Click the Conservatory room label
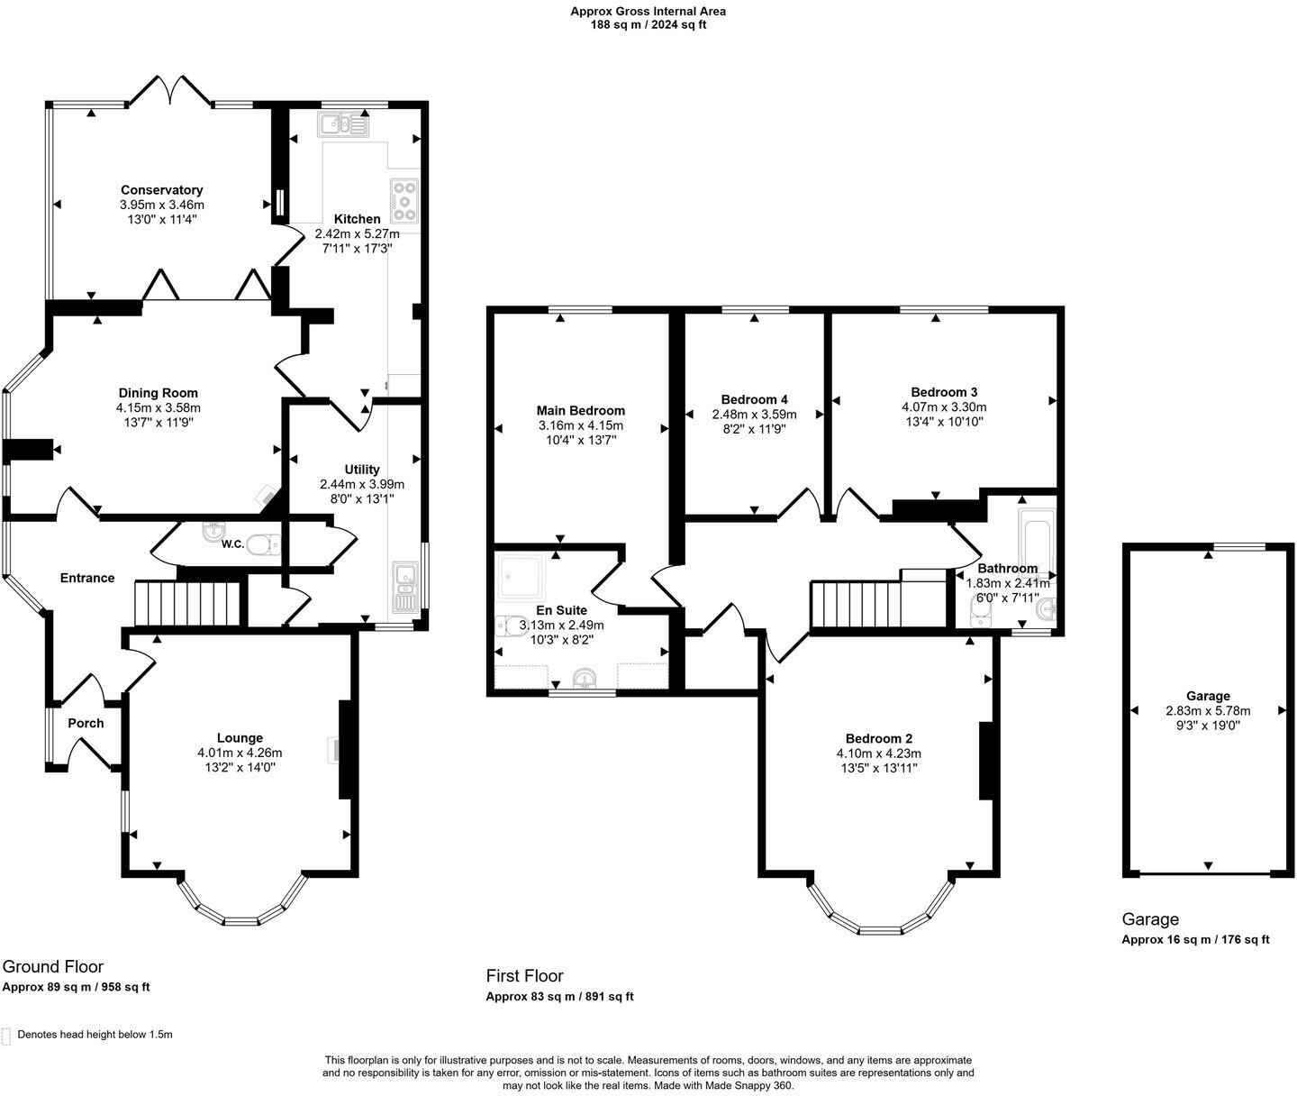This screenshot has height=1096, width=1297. (x=162, y=190)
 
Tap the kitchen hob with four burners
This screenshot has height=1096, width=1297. (x=404, y=201)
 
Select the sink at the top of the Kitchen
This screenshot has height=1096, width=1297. (x=342, y=124)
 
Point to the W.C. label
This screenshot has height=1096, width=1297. (x=232, y=543)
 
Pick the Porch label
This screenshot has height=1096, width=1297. (x=86, y=723)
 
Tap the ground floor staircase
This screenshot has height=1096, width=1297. (x=187, y=603)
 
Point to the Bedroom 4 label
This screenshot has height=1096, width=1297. (x=754, y=399)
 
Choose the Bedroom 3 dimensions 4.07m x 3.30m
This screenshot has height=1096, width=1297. (x=944, y=406)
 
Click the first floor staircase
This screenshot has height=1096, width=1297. (x=856, y=605)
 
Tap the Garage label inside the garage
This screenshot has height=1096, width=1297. (x=1208, y=696)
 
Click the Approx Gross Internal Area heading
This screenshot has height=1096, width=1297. (x=648, y=12)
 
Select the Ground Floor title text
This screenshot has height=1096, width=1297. (x=53, y=966)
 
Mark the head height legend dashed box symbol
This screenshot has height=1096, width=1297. (x=7, y=1035)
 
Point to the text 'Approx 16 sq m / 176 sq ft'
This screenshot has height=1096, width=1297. (x=1195, y=939)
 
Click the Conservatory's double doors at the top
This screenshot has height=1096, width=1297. (x=169, y=88)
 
